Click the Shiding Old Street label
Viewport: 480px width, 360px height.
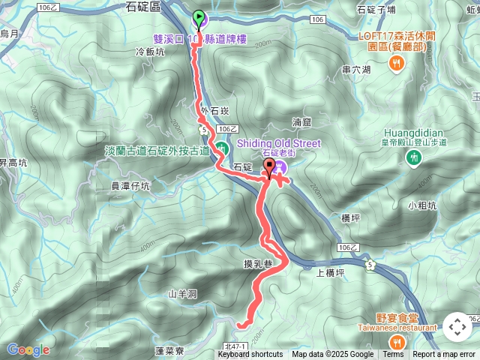pyautogui.click(x=278, y=143)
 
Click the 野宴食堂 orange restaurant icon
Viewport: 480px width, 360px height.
pyautogui.click(x=397, y=340)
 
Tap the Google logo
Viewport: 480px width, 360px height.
pyautogui.click(x=28, y=349)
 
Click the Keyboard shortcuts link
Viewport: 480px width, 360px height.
pyautogui.click(x=250, y=355)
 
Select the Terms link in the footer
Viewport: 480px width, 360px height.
pyautogui.click(x=393, y=355)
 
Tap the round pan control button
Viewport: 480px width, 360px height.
pyautogui.click(x=457, y=327)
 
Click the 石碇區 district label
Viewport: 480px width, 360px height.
pyautogui.click(x=145, y=7)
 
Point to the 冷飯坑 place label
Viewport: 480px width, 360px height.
pyautogui.click(x=148, y=52)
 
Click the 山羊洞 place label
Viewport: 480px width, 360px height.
pyautogui.click(x=182, y=294)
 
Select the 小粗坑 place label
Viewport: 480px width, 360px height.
pyautogui.click(x=421, y=204)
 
